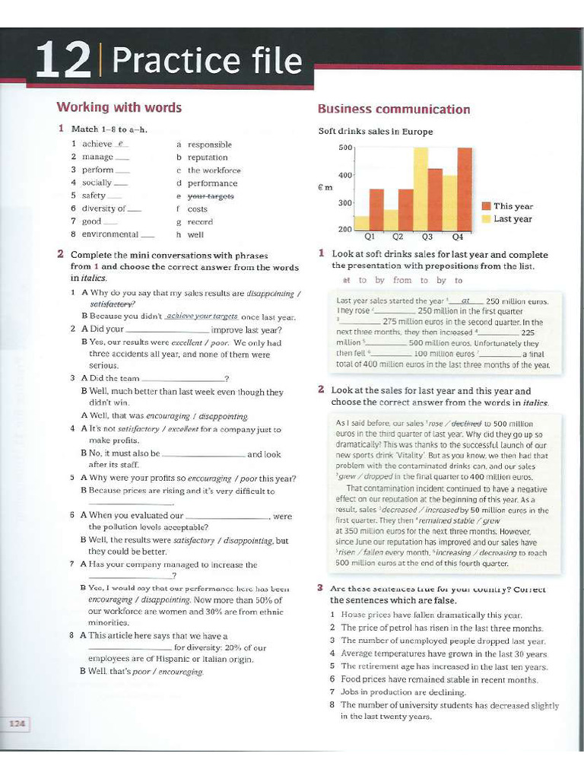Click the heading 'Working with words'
(119, 107)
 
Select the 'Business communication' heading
(393, 110)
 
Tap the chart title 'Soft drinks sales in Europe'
(375, 132)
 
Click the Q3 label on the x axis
(427, 237)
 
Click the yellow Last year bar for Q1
(362, 222)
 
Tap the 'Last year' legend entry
(513, 219)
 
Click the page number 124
(17, 723)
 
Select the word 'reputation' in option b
(208, 157)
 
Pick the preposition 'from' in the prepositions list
(402, 281)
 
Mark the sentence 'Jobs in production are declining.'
(403, 692)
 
